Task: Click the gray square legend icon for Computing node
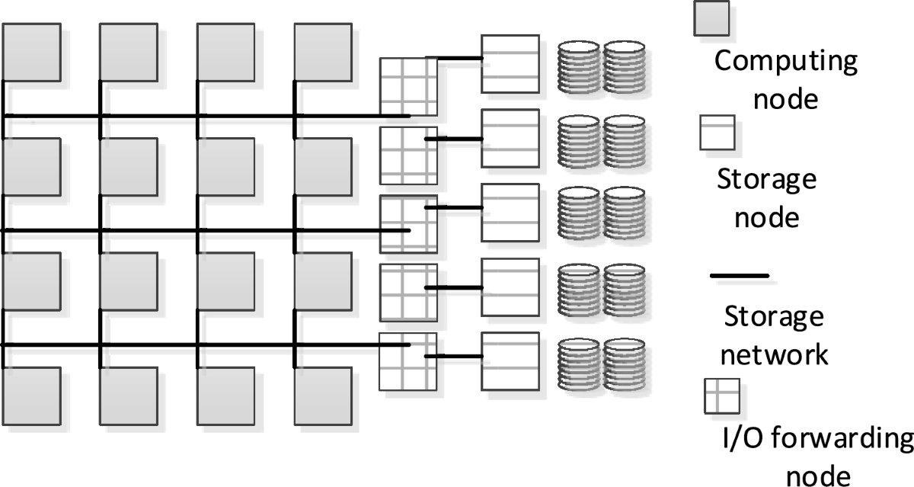click(711, 17)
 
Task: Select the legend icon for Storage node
click(717, 132)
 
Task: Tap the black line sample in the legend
click(739, 275)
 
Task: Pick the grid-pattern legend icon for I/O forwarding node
click(720, 397)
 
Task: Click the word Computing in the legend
click(785, 61)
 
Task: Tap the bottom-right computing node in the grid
click(322, 395)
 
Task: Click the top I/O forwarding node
click(408, 86)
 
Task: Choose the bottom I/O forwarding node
click(408, 361)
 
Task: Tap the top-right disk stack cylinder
click(625, 66)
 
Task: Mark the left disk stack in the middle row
click(579, 214)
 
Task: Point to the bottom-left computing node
click(32, 395)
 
